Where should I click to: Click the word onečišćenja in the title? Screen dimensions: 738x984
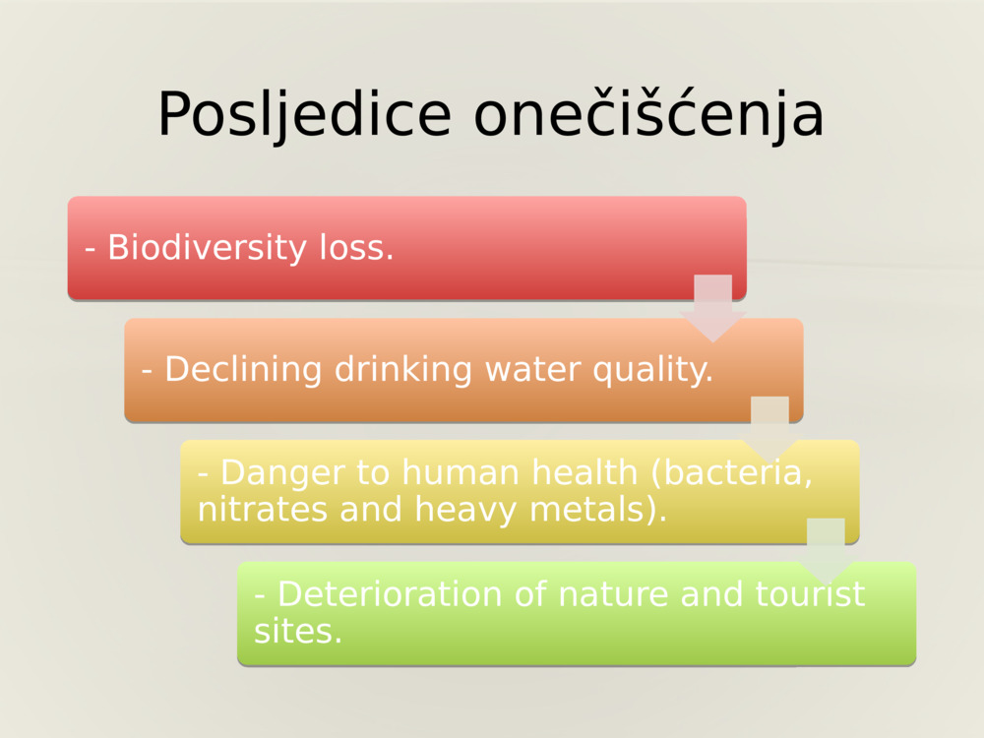tap(648, 115)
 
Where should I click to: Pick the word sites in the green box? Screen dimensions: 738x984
tap(296, 631)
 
